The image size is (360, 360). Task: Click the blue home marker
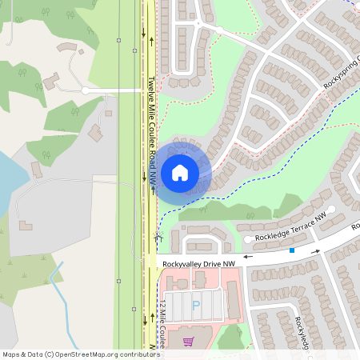click(x=180, y=172)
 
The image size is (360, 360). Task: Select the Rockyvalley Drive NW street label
click(x=198, y=263)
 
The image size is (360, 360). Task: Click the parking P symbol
click(x=196, y=304)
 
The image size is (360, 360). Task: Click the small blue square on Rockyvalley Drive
click(x=292, y=250)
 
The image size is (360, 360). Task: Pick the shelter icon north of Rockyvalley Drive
click(x=158, y=237)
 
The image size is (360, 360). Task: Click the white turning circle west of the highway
click(x=85, y=91)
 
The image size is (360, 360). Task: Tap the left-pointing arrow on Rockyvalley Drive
click(x=247, y=257)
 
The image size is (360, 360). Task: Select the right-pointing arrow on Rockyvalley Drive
click(x=317, y=250)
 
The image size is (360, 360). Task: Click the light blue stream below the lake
click(x=56, y=280)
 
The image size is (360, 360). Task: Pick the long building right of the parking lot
click(x=234, y=300)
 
